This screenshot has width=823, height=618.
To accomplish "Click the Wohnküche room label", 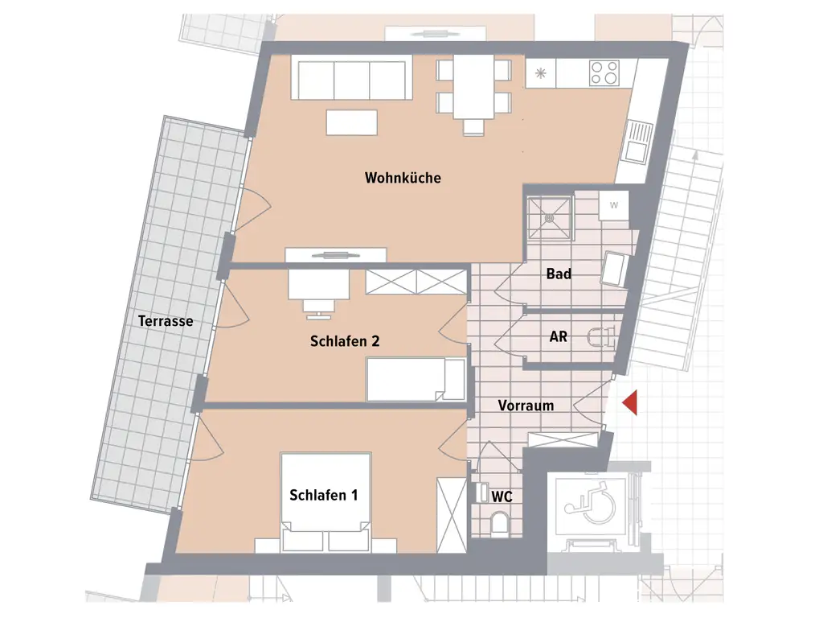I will tap(403, 178).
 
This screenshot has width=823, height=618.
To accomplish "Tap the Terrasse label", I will tap(166, 321).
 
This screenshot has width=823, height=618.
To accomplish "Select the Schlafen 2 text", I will tap(344, 341).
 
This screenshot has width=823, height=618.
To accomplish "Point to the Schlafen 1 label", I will tap(323, 496).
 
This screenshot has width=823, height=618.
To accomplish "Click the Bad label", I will tap(559, 274).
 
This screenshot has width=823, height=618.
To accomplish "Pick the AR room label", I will tap(558, 336).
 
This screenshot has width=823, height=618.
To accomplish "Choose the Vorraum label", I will tap(526, 406).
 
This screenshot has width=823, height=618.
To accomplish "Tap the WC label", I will tap(502, 496).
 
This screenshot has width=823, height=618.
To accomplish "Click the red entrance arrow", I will tap(629, 402).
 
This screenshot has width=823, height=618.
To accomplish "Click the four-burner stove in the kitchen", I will tap(604, 74).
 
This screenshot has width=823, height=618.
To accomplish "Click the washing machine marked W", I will tap(614, 205).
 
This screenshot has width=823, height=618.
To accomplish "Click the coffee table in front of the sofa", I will tap(352, 122).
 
